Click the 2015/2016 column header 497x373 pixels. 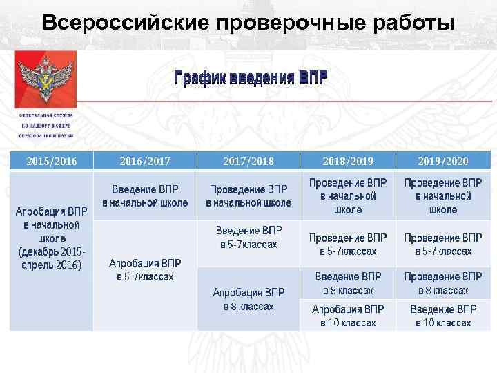pyautogui.click(x=51, y=162)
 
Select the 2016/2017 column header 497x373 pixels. pyautogui.click(x=145, y=162)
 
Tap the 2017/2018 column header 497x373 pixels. pyautogui.click(x=248, y=162)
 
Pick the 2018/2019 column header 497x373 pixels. pyautogui.click(x=348, y=162)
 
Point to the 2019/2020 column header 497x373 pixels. pyautogui.click(x=442, y=162)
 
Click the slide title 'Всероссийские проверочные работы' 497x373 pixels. pyautogui.click(x=248, y=21)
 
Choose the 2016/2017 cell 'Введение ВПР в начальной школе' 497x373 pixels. pyautogui.click(x=145, y=196)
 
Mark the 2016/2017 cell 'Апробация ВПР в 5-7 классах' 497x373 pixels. pyautogui.click(x=145, y=270)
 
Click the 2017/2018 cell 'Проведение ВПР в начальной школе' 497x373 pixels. pyautogui.click(x=248, y=196)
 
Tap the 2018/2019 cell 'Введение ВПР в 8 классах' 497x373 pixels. pyautogui.click(x=348, y=283)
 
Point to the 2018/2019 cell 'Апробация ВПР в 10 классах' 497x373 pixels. pyautogui.click(x=348, y=315)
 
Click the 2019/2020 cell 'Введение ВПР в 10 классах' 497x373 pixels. pyautogui.click(x=442, y=315)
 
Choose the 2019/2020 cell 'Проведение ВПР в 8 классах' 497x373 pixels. pyautogui.click(x=442, y=283)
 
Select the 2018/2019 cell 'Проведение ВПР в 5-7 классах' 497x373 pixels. pyautogui.click(x=348, y=244)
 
